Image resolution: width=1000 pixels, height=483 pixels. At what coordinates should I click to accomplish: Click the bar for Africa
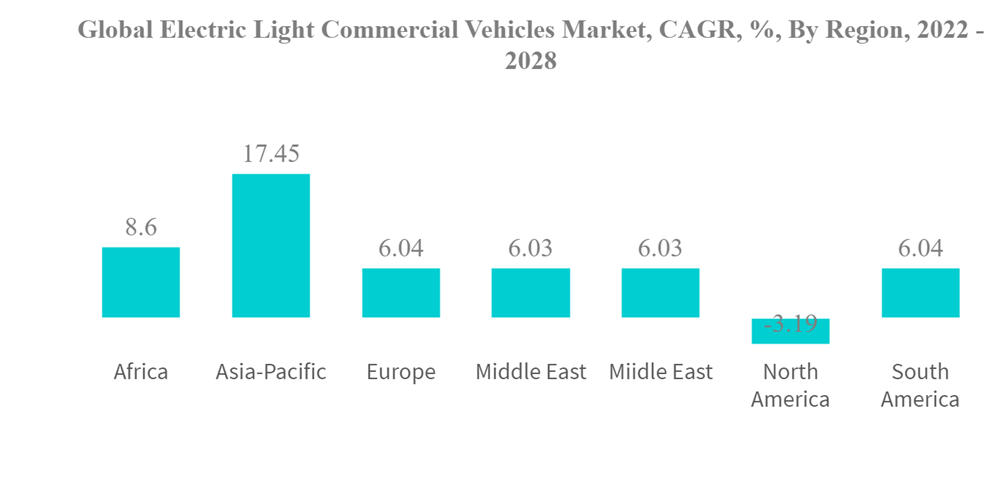click(141, 282)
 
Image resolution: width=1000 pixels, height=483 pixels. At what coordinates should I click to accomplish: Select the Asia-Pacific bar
click(271, 245)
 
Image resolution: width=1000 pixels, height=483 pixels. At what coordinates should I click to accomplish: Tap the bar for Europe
click(401, 292)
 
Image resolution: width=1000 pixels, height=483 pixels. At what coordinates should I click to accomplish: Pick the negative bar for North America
click(790, 331)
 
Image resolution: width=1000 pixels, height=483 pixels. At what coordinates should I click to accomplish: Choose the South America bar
click(920, 292)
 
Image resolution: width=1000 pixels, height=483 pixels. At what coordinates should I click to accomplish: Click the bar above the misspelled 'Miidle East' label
click(660, 292)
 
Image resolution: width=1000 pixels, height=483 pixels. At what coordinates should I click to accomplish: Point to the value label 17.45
click(271, 154)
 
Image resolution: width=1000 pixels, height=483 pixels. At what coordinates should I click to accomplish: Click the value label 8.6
click(141, 228)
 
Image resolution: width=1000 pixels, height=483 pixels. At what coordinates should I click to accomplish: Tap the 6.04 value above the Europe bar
click(401, 248)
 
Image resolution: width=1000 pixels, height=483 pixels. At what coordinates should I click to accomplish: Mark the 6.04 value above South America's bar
click(920, 248)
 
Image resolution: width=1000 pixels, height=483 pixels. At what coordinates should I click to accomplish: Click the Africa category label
click(141, 372)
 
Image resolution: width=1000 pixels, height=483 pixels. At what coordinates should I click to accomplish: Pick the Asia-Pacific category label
click(271, 372)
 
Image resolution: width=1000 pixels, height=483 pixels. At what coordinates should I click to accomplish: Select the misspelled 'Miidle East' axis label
click(660, 372)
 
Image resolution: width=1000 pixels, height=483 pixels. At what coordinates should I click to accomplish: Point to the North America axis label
click(790, 385)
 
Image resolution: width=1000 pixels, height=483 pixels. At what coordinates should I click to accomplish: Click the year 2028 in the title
click(531, 60)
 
